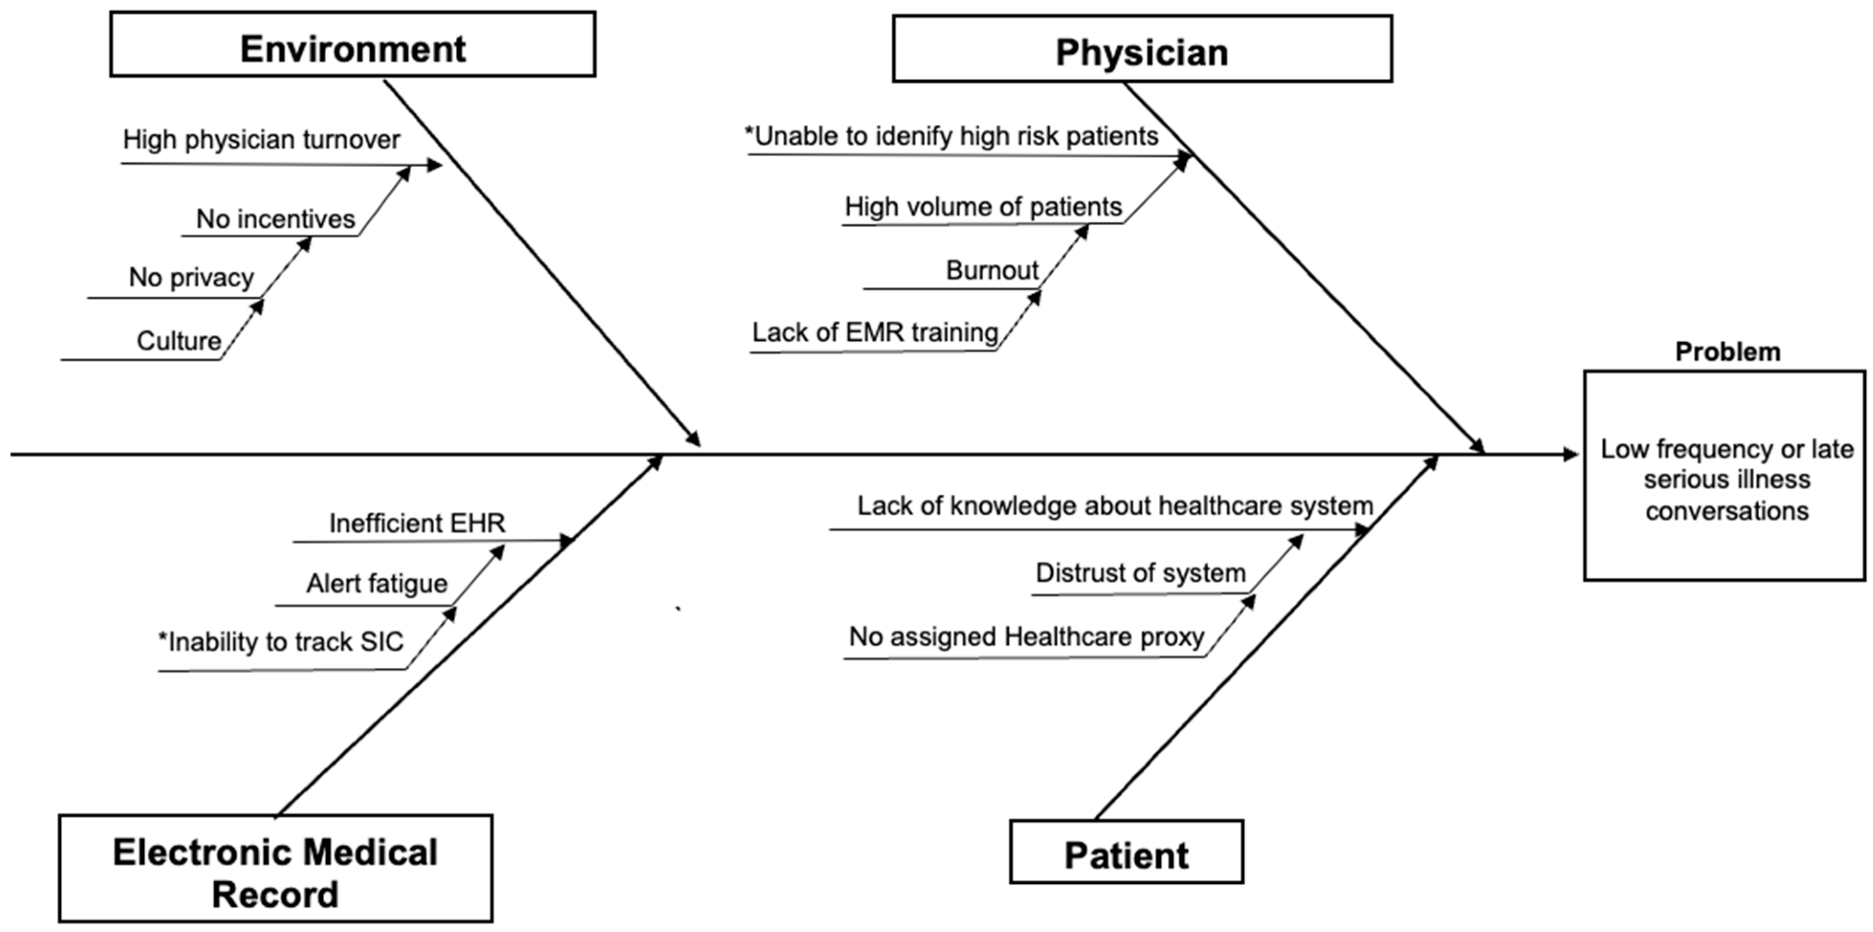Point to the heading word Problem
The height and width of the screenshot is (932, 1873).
pos(1728,352)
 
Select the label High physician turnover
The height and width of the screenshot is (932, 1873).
pos(261,140)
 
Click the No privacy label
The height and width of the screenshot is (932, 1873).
pos(191,278)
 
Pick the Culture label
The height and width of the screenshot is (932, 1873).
pos(179,341)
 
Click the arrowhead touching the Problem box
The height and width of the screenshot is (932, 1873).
pos(1570,455)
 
